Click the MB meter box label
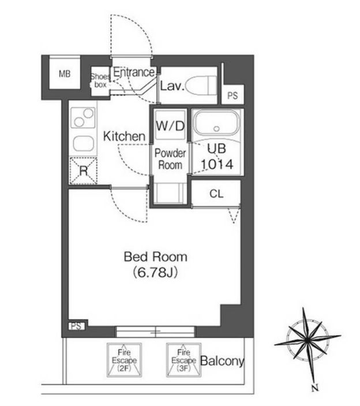(65, 74)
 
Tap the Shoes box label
(100, 80)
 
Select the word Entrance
(134, 72)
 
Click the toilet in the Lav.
(201, 85)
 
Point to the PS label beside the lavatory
(232, 95)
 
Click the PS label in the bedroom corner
(77, 326)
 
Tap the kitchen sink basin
(83, 143)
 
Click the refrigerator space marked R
(84, 171)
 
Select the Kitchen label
(124, 136)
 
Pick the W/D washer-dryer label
(170, 126)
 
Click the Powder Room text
(170, 159)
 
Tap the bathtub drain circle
(217, 128)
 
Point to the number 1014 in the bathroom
(217, 165)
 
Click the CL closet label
(216, 193)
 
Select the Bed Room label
(155, 256)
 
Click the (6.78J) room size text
(155, 273)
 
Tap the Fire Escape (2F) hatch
(124, 360)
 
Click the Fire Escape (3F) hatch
(183, 360)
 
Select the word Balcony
(222, 361)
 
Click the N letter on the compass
(315, 388)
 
